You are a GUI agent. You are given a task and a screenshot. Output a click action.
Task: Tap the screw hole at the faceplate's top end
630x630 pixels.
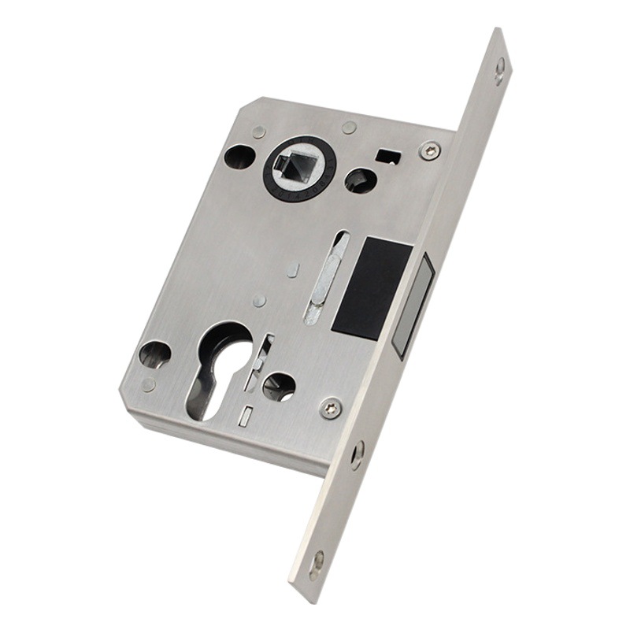(x=500, y=70)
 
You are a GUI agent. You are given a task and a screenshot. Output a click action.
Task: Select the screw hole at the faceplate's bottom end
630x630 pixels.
(x=317, y=561)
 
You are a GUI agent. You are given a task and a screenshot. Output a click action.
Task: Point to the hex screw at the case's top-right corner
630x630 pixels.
(x=429, y=150)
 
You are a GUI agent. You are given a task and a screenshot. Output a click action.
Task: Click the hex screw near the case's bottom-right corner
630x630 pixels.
(x=332, y=407)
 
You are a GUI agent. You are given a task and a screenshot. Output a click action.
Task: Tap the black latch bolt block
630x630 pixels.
(x=372, y=288)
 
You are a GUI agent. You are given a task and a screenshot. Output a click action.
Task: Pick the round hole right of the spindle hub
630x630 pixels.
(x=360, y=181)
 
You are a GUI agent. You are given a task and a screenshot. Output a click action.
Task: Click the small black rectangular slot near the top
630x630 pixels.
(x=387, y=155)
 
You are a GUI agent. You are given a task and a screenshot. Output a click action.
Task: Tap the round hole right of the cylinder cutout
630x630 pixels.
(x=278, y=385)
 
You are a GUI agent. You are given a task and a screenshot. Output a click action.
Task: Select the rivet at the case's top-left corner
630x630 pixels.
(x=259, y=132)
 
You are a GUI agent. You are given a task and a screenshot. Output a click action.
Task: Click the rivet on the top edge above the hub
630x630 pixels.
(x=350, y=128)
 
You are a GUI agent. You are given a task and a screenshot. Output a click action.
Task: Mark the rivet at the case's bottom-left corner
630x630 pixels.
(x=149, y=384)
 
